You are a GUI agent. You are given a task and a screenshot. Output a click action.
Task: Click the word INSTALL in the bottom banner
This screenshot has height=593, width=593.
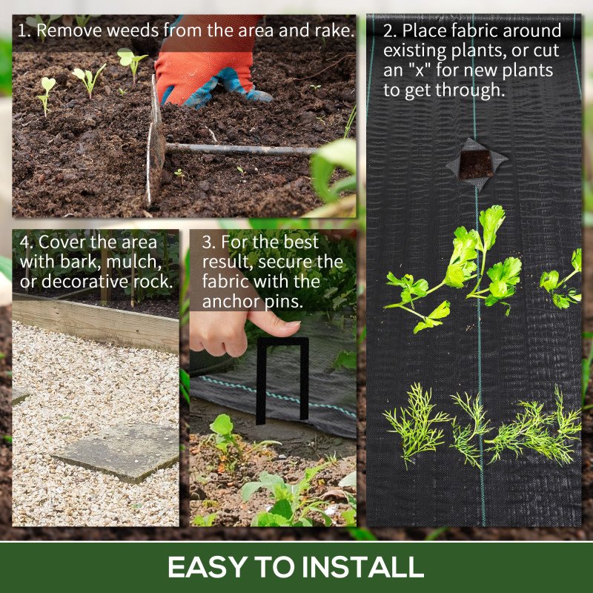362,566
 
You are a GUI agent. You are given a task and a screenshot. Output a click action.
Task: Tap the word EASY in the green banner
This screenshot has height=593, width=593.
208,566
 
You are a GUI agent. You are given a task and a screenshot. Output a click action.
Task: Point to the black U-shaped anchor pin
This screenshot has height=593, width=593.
282,380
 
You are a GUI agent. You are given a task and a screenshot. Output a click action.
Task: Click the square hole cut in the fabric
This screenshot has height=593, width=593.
476,165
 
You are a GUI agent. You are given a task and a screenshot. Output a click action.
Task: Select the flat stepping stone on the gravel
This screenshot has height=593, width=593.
119,451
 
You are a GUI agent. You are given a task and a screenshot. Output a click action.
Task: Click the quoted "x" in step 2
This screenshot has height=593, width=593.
419,70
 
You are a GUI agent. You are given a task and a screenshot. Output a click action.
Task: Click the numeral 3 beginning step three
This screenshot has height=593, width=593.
207,242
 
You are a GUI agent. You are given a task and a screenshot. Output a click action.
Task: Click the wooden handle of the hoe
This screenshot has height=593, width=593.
242,150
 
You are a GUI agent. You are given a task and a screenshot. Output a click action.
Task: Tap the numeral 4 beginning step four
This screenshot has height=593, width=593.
24,242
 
